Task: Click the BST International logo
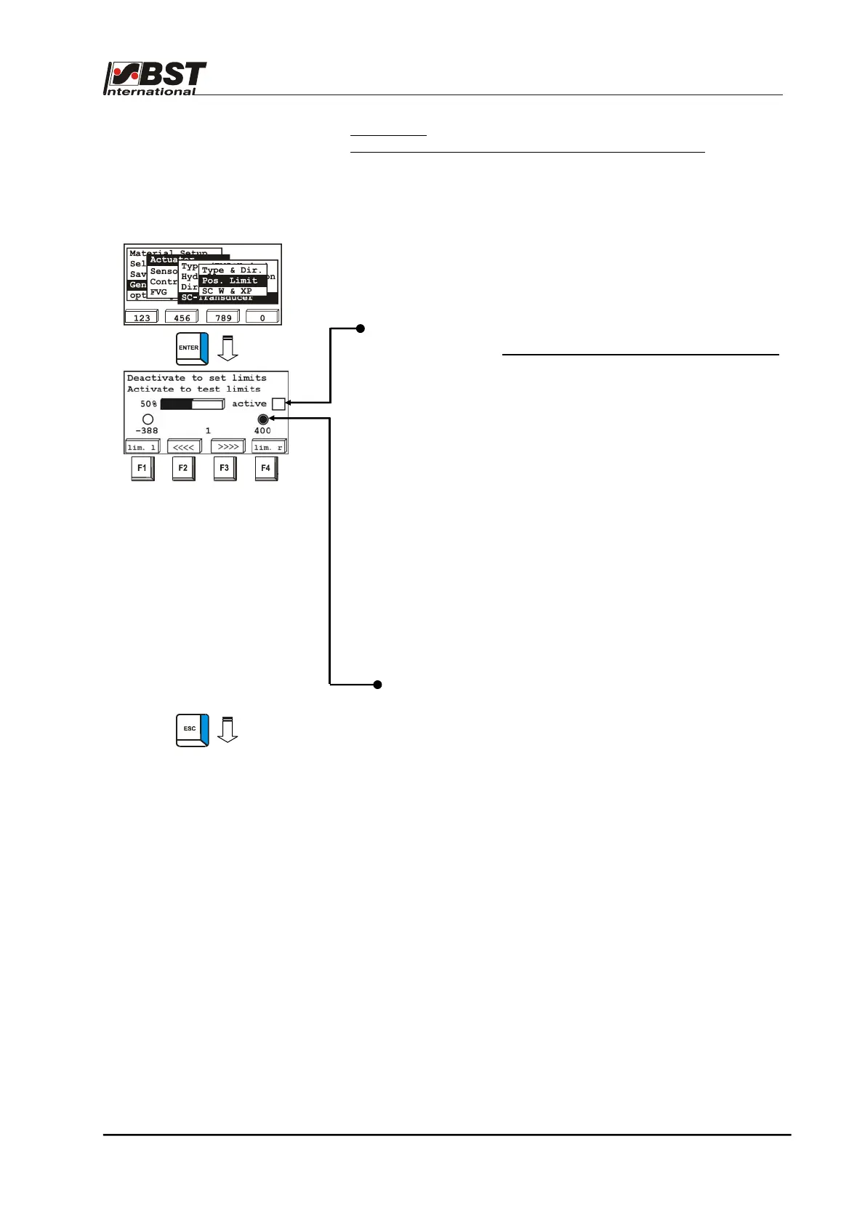pyautogui.click(x=156, y=78)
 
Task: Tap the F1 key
pyautogui.click(x=142, y=469)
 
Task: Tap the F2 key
pyautogui.click(x=182, y=469)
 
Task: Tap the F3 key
pyautogui.click(x=224, y=469)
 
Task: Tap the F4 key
pyautogui.click(x=265, y=469)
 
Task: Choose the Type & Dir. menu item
pyautogui.click(x=232, y=270)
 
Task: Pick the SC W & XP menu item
pyautogui.click(x=227, y=291)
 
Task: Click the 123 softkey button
pyautogui.click(x=142, y=318)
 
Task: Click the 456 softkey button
pyautogui.click(x=182, y=318)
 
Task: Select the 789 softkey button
pyautogui.click(x=223, y=318)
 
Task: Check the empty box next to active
pyautogui.click(x=278, y=404)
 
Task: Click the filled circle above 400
pyautogui.click(x=263, y=419)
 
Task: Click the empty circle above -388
pyautogui.click(x=148, y=419)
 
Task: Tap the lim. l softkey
pyautogui.click(x=142, y=447)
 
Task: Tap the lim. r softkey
pyautogui.click(x=269, y=447)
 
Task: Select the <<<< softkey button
pyautogui.click(x=183, y=447)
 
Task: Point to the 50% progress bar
pyautogui.click(x=192, y=404)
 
